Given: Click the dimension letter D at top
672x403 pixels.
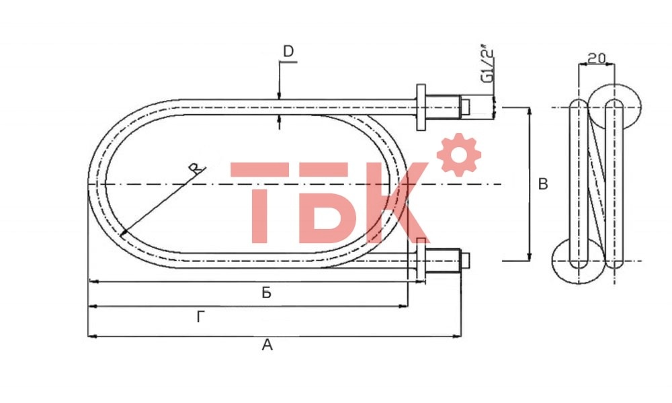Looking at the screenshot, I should tap(288, 52).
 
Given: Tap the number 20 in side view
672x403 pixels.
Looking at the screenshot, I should tap(595, 58).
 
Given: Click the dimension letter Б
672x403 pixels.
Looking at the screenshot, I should tap(267, 293).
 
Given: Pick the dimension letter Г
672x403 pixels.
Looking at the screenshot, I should tap(201, 318).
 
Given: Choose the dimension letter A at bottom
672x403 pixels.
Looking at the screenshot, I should tap(267, 345).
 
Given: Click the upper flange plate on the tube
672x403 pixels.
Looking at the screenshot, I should tap(421, 107).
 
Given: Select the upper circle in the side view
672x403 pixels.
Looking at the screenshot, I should tap(615, 102).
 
